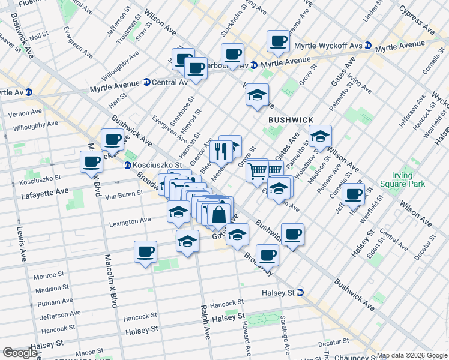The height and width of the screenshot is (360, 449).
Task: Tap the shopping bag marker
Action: pyautogui.click(x=220, y=214)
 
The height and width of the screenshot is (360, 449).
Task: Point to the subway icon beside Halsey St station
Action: pyautogui.click(x=301, y=292)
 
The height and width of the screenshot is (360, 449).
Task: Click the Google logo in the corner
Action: pyautogui.click(x=20, y=353)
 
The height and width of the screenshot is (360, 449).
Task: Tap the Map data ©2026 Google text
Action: pyautogui.click(x=411, y=355)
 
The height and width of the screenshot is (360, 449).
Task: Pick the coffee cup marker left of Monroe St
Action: pyautogui.click(x=145, y=252)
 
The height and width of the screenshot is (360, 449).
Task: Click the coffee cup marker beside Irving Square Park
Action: pyautogui.click(x=353, y=194)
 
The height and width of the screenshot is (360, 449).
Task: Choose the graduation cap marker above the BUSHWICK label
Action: pyautogui.click(x=257, y=95)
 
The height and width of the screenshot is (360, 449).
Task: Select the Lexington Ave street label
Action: pyautogui.click(x=130, y=221)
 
